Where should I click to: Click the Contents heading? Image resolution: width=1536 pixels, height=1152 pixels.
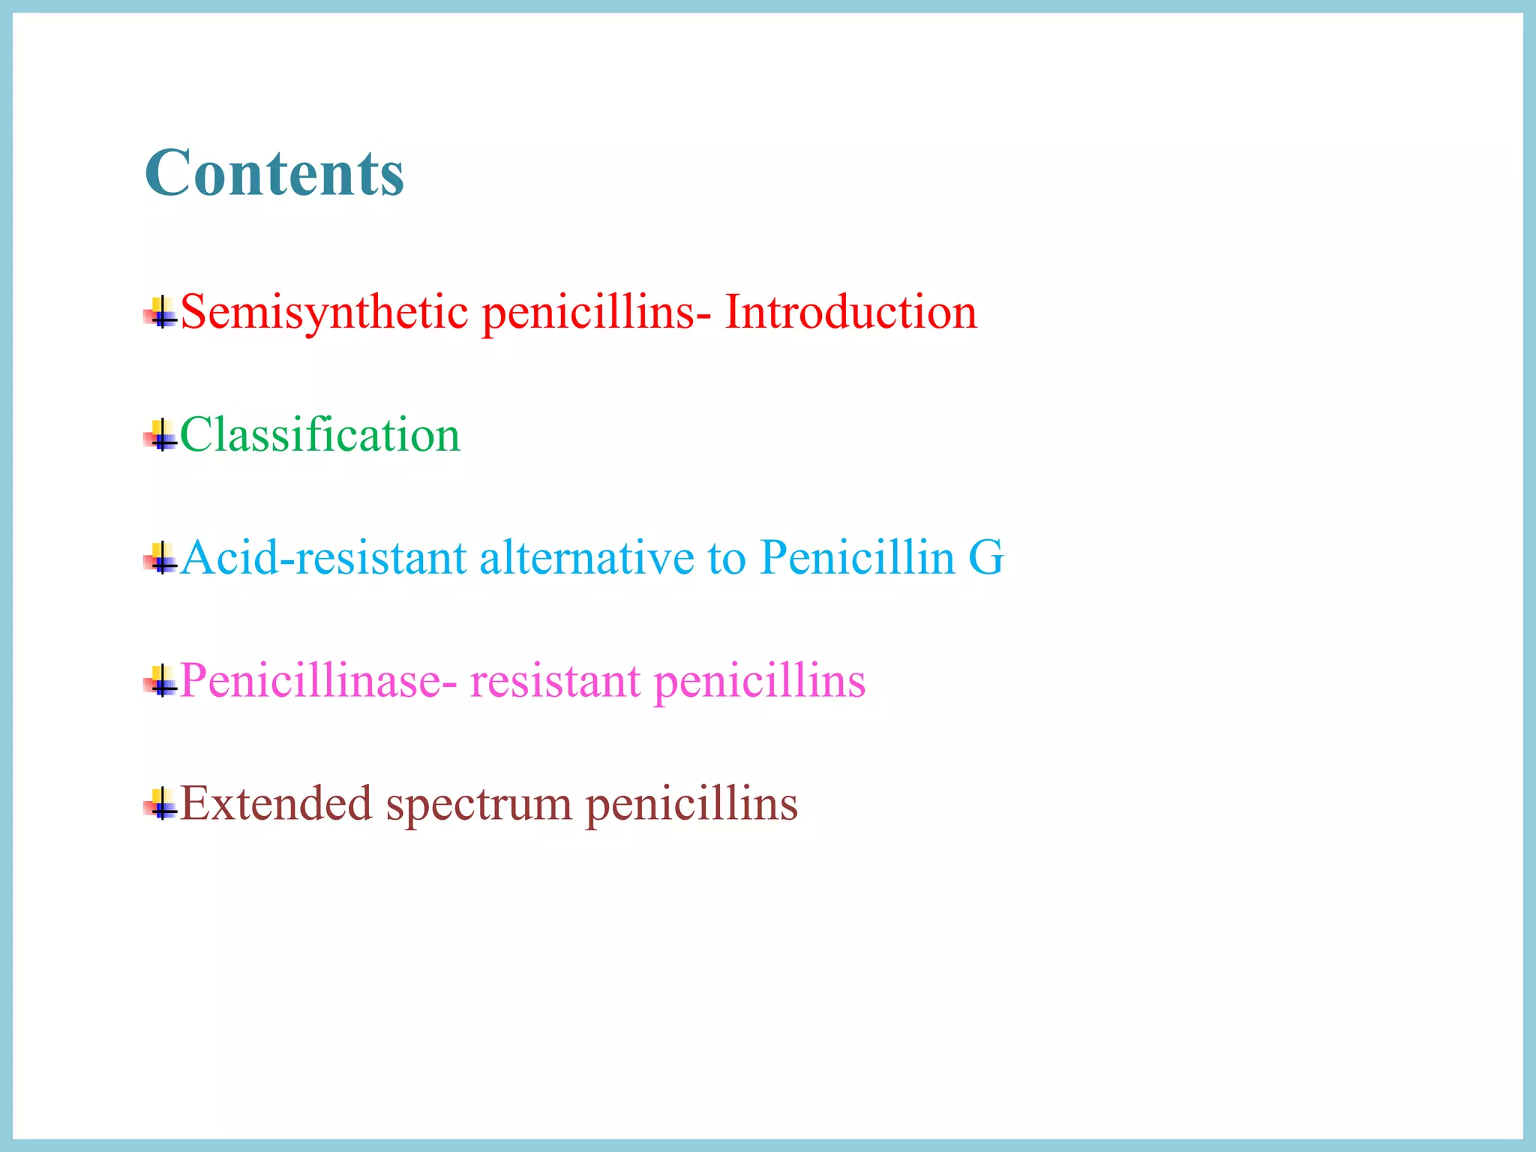click(x=274, y=173)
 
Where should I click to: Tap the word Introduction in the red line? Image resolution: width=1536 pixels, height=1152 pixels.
click(x=850, y=312)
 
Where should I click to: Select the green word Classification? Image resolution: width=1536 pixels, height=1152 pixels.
click(x=320, y=435)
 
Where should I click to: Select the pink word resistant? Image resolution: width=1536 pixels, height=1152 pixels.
click(x=555, y=681)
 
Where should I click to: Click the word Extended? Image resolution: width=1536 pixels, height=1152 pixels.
click(x=276, y=804)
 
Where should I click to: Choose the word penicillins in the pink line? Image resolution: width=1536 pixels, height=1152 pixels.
click(x=760, y=681)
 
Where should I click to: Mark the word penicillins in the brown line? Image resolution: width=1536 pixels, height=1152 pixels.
click(x=691, y=804)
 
